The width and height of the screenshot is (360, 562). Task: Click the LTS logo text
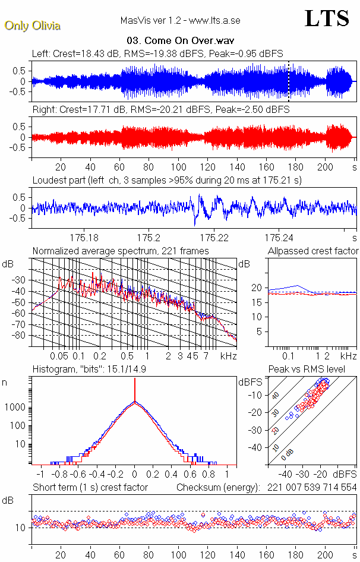(326, 18)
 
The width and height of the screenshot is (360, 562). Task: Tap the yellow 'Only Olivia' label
(33, 26)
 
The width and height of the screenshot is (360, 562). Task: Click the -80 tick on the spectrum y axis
(22, 336)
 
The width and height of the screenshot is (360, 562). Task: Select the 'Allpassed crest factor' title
(313, 251)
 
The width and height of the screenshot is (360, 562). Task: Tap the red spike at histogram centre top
(135, 387)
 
